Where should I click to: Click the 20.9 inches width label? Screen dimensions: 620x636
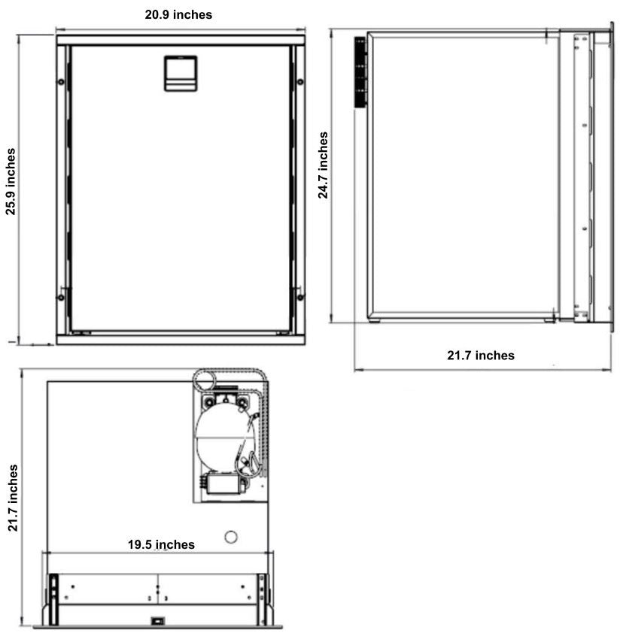(178, 14)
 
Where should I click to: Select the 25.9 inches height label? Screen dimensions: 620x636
(11, 181)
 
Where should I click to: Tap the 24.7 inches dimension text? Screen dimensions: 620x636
(323, 165)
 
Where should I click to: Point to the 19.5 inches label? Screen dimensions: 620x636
(161, 544)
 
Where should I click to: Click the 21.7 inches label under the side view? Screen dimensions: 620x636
(481, 356)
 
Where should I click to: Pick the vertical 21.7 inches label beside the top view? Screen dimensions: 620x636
(13, 498)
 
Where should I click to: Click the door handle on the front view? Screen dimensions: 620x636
(181, 74)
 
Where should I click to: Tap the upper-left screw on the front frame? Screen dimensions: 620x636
(61, 82)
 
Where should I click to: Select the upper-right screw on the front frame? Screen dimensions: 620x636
(300, 82)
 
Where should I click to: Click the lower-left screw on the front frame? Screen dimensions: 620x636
(61, 297)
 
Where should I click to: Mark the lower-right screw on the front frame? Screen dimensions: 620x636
(300, 297)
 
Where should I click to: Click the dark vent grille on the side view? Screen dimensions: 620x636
(360, 72)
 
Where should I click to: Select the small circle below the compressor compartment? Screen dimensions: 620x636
(231, 537)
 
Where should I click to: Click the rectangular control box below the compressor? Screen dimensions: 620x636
(225, 484)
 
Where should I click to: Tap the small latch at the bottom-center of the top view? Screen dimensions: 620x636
(157, 620)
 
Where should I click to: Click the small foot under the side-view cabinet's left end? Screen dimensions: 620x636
(375, 321)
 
